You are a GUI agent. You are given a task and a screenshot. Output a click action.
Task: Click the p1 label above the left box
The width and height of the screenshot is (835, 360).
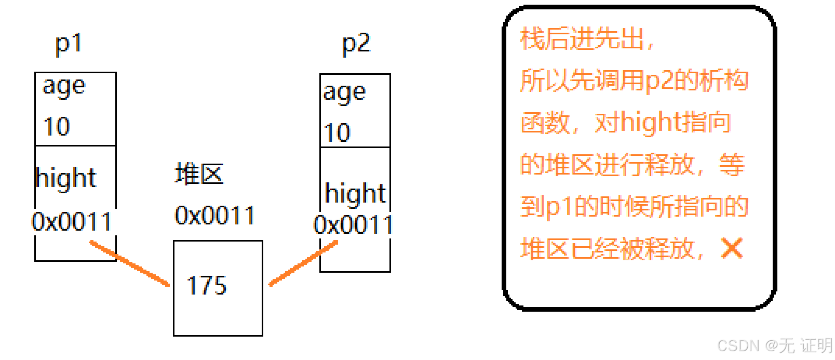[69, 44]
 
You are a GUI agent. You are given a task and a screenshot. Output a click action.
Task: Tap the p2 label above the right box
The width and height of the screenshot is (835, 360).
[356, 44]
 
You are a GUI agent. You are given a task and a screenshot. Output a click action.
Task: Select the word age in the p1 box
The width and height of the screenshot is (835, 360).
[63, 86]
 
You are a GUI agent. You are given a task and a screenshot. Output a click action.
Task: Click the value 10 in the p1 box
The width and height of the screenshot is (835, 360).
[57, 127]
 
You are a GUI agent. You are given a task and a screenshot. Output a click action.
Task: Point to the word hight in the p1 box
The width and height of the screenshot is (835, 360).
[66, 178]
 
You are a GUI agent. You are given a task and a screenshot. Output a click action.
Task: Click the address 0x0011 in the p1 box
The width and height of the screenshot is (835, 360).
[72, 222]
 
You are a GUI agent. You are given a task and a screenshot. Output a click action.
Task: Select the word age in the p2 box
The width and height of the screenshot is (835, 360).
[344, 93]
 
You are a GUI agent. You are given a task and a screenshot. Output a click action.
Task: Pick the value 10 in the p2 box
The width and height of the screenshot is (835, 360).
[337, 133]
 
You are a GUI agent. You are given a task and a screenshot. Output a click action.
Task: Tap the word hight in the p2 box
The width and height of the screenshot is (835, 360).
[355, 194]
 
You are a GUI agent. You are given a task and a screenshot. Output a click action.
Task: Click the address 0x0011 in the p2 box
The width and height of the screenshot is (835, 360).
[353, 225]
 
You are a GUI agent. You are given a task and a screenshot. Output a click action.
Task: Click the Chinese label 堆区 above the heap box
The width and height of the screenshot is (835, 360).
[199, 174]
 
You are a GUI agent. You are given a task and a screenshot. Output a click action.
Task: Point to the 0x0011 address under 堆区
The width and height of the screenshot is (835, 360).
[215, 216]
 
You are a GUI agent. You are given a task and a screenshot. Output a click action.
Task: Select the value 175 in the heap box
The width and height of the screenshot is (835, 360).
[207, 286]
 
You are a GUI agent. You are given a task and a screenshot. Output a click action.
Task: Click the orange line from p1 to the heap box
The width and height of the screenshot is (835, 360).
[130, 263]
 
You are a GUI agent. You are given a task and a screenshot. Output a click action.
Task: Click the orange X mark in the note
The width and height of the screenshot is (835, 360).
[732, 248]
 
